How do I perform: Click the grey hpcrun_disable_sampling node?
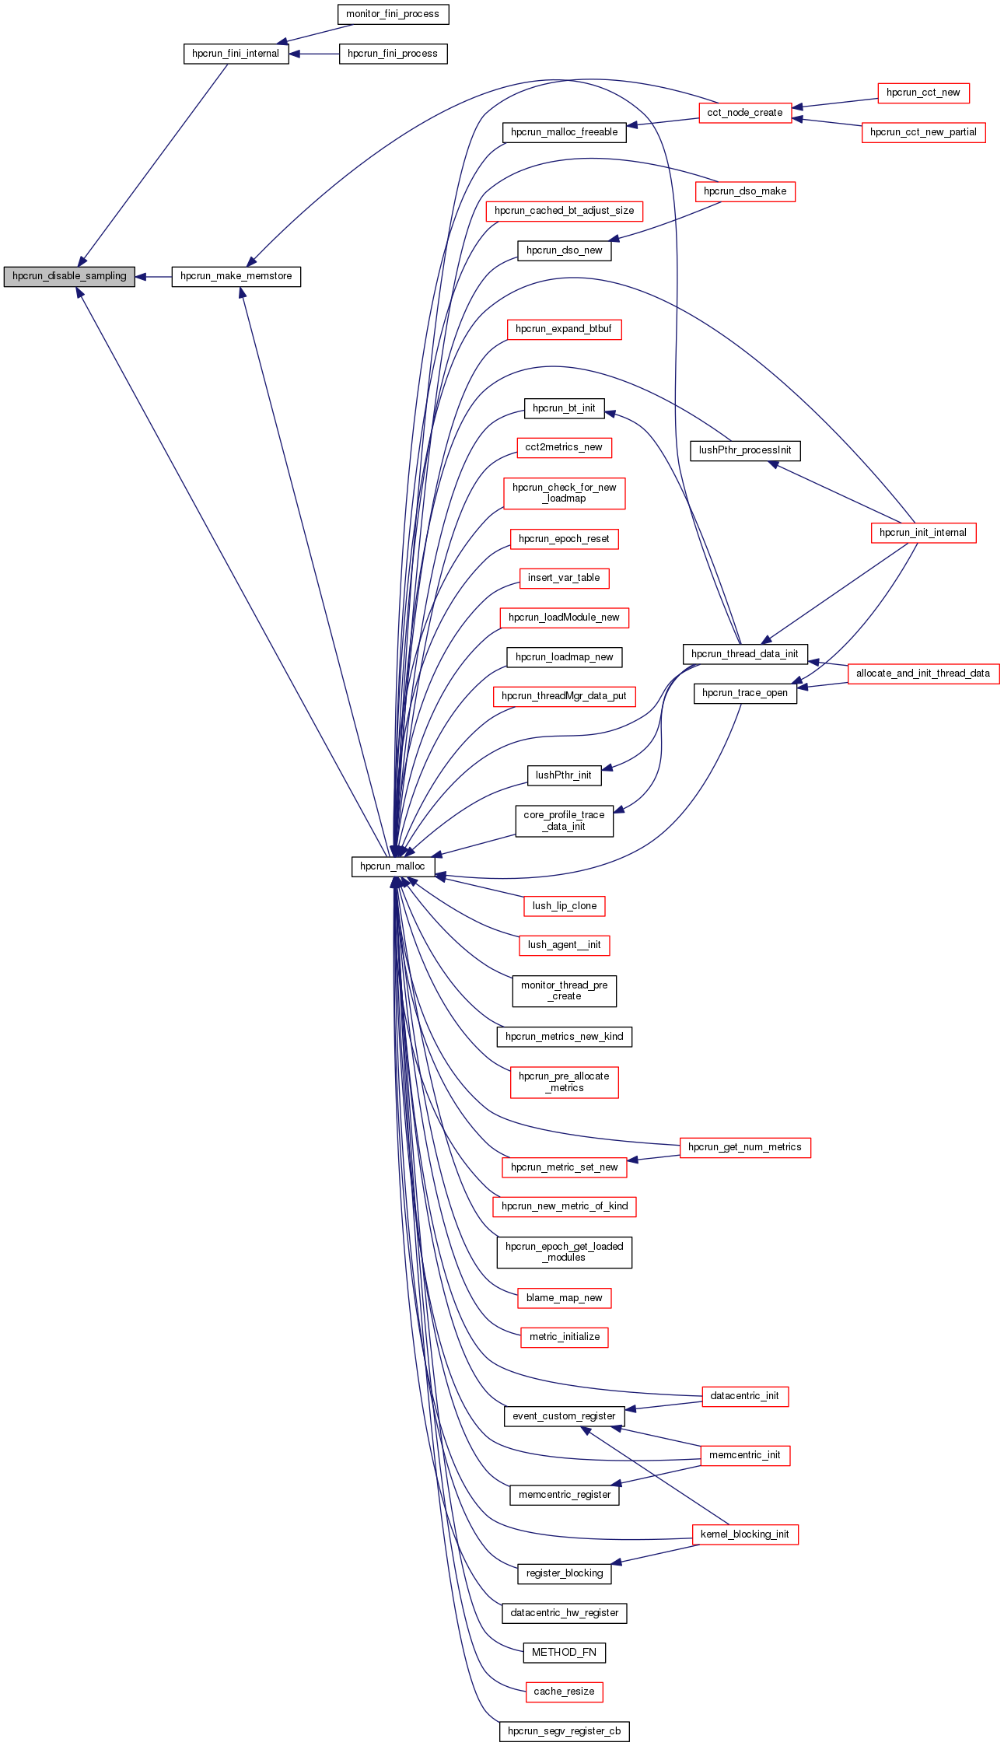(x=69, y=276)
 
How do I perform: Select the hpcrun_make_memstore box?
(x=236, y=276)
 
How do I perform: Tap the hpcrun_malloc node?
(x=393, y=866)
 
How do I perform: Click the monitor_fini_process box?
(x=393, y=14)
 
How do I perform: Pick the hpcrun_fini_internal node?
(x=236, y=54)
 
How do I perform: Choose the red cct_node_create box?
(x=745, y=113)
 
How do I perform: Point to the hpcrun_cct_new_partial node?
(x=923, y=132)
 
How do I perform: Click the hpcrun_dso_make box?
(x=745, y=191)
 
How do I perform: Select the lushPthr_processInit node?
(x=745, y=450)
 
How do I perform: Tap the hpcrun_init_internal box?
(x=923, y=533)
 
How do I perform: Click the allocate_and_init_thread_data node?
(x=923, y=674)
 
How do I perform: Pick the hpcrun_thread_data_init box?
(x=745, y=654)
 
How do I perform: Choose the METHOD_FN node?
(x=564, y=1652)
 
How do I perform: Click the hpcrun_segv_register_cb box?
(x=564, y=1731)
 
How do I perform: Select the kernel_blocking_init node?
(x=745, y=1534)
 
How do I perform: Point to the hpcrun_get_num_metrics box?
(x=745, y=1147)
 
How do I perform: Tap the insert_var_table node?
(x=564, y=578)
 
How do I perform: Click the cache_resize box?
(x=564, y=1692)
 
